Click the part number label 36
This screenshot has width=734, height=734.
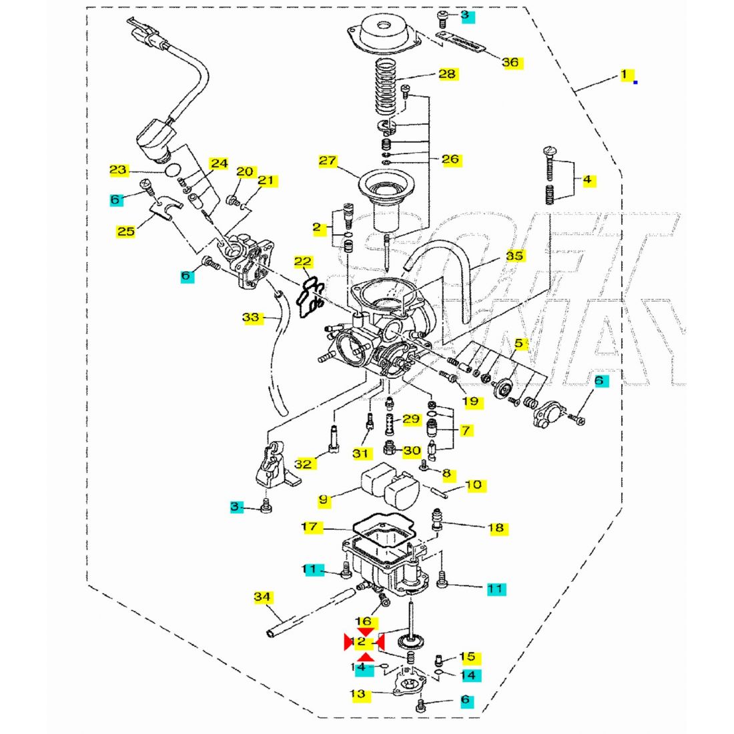point(510,63)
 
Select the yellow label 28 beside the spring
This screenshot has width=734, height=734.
point(447,73)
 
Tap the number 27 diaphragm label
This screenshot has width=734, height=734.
point(328,161)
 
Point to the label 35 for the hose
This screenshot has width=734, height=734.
point(514,256)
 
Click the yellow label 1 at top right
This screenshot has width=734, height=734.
point(625,75)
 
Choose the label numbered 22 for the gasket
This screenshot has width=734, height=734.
point(302,261)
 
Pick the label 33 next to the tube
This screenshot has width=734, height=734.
point(250,318)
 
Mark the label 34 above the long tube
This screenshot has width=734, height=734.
point(263,596)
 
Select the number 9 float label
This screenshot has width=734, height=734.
point(323,498)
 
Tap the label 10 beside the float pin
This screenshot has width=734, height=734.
point(473,484)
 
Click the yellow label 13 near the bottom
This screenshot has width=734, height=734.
point(358,694)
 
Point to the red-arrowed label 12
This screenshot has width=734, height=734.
point(359,642)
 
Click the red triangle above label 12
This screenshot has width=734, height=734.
point(365,631)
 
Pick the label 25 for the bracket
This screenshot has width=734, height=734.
point(125,232)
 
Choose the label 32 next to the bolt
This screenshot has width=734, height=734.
point(303,463)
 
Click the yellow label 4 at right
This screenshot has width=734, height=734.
point(587,179)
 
